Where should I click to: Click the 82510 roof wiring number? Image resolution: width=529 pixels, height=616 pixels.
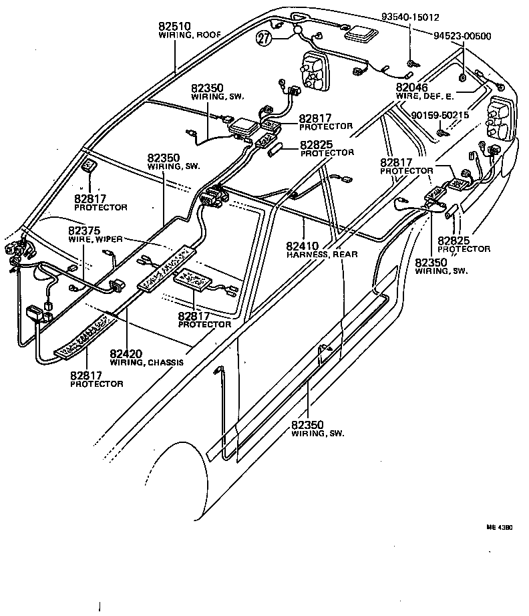point(175,26)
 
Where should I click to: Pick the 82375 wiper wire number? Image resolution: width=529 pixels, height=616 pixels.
point(84,230)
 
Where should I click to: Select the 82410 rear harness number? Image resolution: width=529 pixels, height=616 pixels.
point(303,245)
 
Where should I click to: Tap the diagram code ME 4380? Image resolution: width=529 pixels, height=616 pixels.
point(499,528)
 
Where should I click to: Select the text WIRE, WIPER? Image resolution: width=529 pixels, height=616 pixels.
point(94,239)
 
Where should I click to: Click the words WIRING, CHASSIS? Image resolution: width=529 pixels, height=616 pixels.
point(146,363)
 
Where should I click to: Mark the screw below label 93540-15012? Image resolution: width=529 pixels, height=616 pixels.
point(411,63)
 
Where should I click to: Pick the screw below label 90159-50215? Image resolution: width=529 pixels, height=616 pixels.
point(441,133)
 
